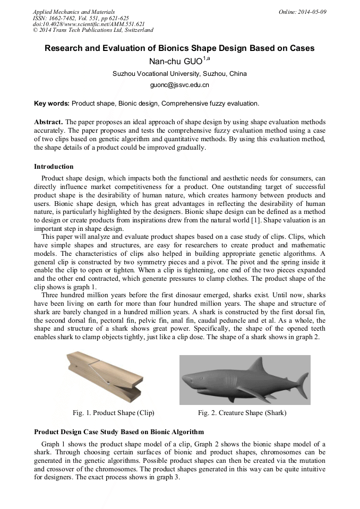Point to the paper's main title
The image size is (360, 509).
179,48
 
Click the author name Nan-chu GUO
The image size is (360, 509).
176,61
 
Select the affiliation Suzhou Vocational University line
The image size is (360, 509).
179,74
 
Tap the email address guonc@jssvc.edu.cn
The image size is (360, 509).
179,84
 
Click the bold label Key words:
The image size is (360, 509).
52,103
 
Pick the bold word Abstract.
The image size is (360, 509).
48,122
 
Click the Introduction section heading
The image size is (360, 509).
54,167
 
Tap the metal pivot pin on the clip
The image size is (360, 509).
108,382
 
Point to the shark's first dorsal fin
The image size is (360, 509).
259,365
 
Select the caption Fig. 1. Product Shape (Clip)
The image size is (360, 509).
113,412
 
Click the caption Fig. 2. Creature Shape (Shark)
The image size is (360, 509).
242,412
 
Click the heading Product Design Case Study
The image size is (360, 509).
119,432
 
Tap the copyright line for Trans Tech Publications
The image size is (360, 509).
93,30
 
